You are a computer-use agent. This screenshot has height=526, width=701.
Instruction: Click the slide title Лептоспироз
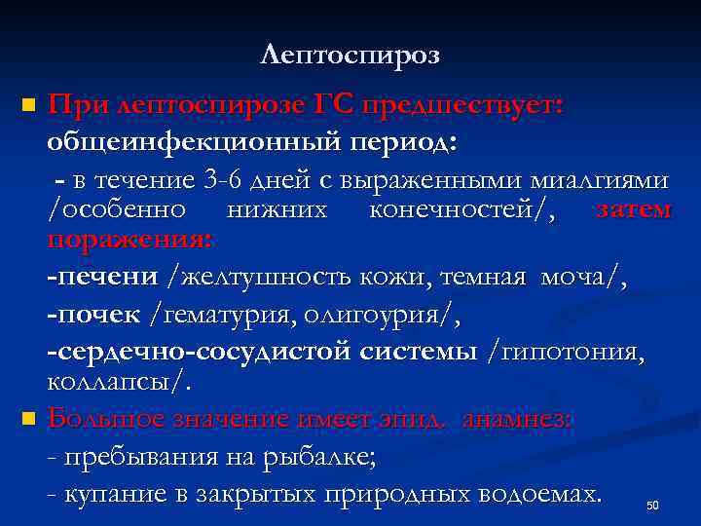pyautogui.click(x=350, y=56)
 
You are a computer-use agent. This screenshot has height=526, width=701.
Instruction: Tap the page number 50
pyautogui.click(x=652, y=506)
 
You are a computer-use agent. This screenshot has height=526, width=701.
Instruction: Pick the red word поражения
pyautogui.click(x=129, y=239)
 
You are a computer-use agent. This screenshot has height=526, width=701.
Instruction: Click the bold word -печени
pyautogui.click(x=102, y=278)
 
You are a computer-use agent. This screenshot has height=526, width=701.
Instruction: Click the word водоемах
pyautogui.click(x=526, y=493)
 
